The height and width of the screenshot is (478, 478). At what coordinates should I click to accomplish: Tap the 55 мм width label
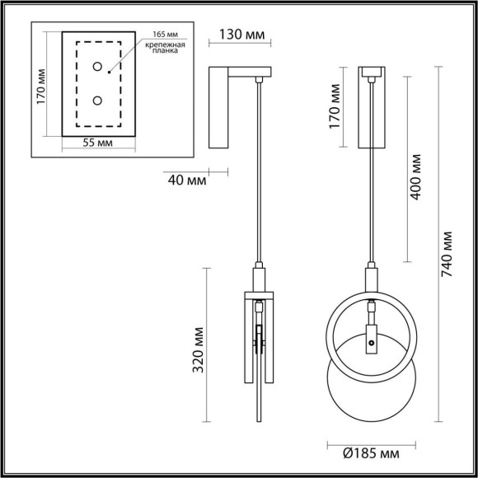pos(98,143)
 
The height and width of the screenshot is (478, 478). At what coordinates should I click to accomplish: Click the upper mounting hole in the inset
pos(97,67)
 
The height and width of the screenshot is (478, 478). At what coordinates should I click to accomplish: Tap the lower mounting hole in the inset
pos(97,101)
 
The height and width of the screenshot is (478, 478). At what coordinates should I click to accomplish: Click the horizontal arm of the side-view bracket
pos(246,72)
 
